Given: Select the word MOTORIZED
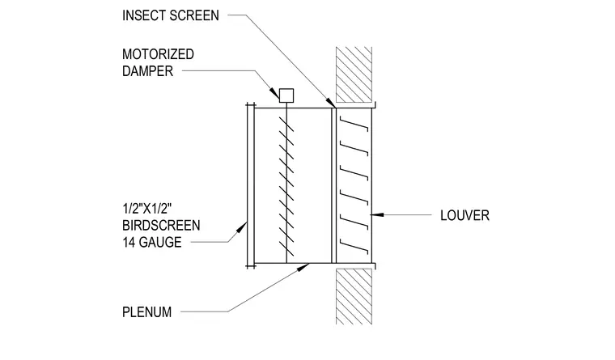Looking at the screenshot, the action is tap(158, 54).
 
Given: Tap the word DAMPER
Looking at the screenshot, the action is tap(147, 71).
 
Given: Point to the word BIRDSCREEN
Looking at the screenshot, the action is tap(161, 226).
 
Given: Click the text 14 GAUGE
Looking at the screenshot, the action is tap(152, 243).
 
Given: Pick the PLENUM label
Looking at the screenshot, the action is tap(147, 312).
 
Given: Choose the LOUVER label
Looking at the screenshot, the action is tap(464, 215).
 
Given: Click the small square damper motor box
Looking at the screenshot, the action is tap(286, 95).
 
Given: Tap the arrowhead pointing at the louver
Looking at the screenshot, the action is tap(377, 214).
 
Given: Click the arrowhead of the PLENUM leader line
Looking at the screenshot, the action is tap(303, 268).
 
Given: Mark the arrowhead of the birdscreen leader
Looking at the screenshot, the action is tap(241, 227).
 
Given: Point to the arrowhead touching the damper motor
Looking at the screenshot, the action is tap(274, 92).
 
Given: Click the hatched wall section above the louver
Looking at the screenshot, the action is tap(354, 75).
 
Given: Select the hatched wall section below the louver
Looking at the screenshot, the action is tap(354, 296).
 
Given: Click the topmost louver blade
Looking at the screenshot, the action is tap(354, 124).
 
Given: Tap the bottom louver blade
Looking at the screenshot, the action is tap(354, 244).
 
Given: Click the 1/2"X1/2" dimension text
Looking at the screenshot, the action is tap(147, 208).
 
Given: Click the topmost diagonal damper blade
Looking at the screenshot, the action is tap(286, 124).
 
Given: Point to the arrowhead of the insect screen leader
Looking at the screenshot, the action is tap(332, 103).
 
